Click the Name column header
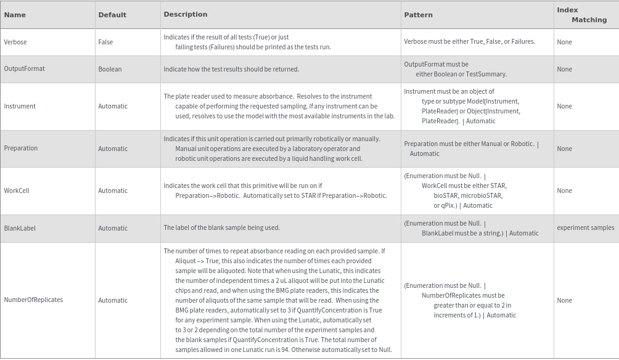coord(15,15)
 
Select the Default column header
coord(112,15)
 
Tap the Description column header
coord(185,14)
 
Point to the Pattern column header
coord(418,15)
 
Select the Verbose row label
coord(15,42)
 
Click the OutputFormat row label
coord(24,69)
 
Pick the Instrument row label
coord(20,106)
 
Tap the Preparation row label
coord(21,149)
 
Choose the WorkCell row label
coord(17,190)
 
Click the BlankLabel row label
coord(20,228)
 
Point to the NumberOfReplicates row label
coord(33,300)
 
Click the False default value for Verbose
coord(105,42)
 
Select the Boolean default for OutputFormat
coord(110,69)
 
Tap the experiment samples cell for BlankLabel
coord(585,228)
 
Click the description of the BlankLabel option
coord(221,228)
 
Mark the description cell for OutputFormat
coord(231,69)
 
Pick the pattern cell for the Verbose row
coord(469,42)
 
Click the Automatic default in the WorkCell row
coord(113,190)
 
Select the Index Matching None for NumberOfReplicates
coord(564,300)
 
